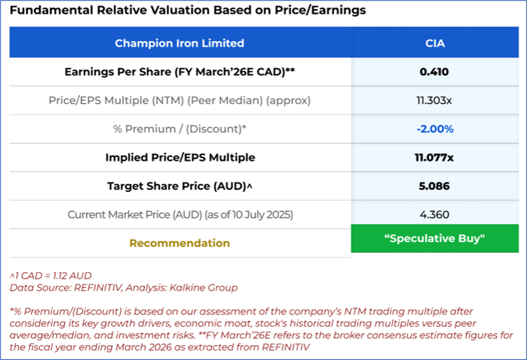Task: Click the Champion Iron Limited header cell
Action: pos(179,43)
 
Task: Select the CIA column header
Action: pos(434,43)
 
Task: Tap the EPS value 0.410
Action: pos(434,72)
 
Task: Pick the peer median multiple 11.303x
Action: pos(434,101)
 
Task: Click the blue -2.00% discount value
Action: pos(434,129)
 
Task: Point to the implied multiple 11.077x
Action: pos(434,158)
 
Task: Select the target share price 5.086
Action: pos(434,186)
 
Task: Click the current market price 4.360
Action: pos(434,215)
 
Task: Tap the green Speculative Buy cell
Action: pos(434,239)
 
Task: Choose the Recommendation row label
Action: pos(179,243)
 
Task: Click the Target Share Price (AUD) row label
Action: pos(179,186)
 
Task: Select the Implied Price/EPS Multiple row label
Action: pos(180,158)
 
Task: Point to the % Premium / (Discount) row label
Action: pos(180,129)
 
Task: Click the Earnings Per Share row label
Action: pos(179,72)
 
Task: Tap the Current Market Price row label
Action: pos(180,215)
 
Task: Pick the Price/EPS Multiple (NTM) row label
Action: pos(179,101)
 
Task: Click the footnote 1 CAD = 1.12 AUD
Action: pos(51,276)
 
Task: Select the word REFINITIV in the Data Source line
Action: pos(99,288)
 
